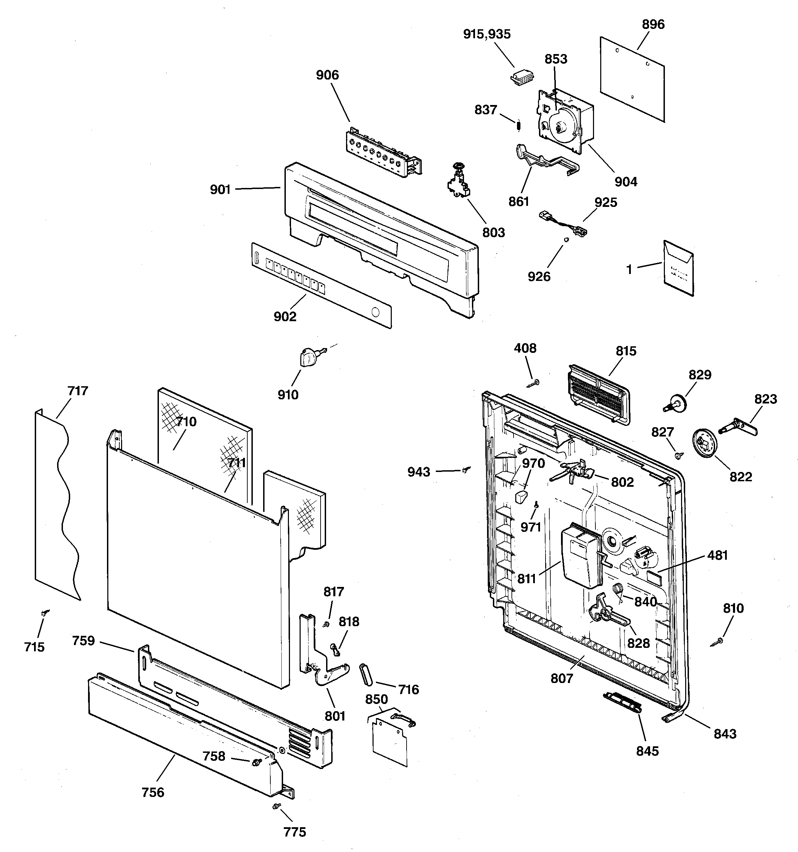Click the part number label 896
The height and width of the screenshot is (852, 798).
click(653, 24)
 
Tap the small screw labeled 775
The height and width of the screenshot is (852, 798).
click(276, 806)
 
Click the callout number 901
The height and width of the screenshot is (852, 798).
click(220, 189)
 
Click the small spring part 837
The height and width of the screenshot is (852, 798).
click(518, 125)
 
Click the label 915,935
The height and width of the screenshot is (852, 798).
click(487, 34)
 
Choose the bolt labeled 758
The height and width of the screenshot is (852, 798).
click(257, 761)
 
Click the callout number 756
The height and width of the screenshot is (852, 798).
click(153, 792)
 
